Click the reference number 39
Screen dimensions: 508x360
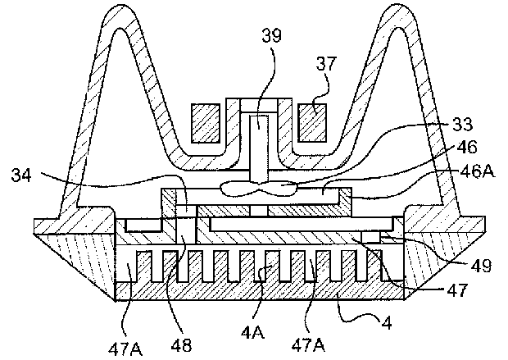tap(271, 36)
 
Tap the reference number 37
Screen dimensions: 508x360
tap(327, 64)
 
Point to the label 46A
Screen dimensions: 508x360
tap(478, 171)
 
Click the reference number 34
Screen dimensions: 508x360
tap(21, 175)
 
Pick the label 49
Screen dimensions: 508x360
tap(482, 266)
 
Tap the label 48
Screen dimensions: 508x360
tap(181, 345)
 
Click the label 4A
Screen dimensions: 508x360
tap(252, 333)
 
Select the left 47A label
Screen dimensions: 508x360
tap(125, 349)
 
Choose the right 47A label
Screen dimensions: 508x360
tap(308, 345)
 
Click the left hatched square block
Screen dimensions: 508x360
tap(206, 123)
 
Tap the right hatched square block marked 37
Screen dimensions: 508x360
tap(312, 123)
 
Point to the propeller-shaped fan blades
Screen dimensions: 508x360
tap(259, 188)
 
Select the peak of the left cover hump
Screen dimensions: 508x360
tap(121, 6)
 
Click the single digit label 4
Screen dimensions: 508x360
tap(387, 323)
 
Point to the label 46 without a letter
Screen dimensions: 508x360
tap(467, 147)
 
